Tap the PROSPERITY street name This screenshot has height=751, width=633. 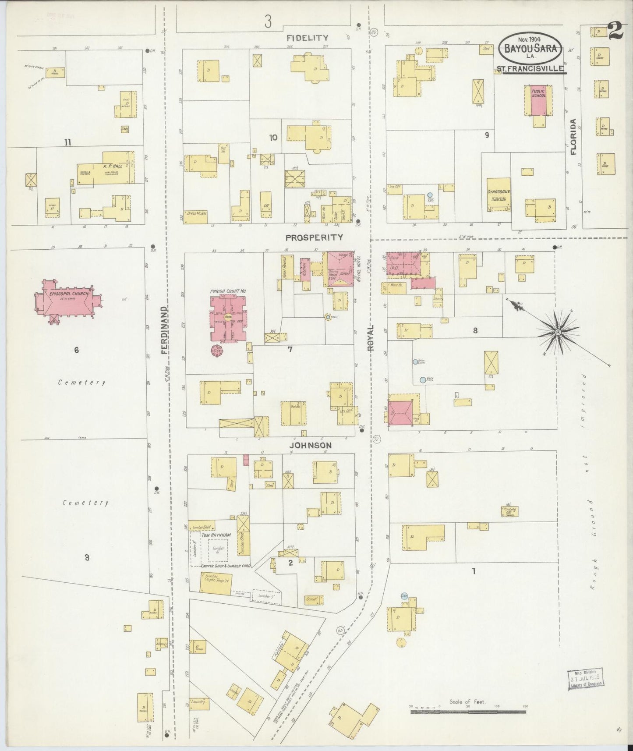point(314,237)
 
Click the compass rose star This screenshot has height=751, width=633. point(558,333)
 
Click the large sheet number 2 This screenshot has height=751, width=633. point(616,31)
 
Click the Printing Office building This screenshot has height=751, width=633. point(509,511)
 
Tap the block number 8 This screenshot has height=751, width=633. point(475,331)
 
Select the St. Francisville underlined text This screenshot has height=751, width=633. point(530,68)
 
